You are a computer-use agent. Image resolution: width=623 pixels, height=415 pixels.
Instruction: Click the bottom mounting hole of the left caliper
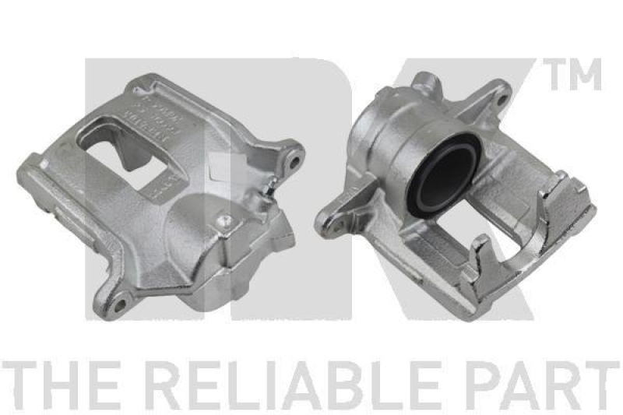(x=121, y=300)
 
